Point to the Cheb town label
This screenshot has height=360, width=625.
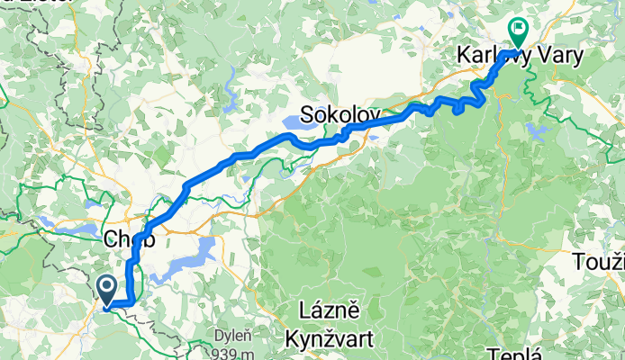point(129,239)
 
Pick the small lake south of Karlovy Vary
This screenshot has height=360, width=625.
point(539,131)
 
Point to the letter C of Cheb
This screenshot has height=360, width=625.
point(111,239)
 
